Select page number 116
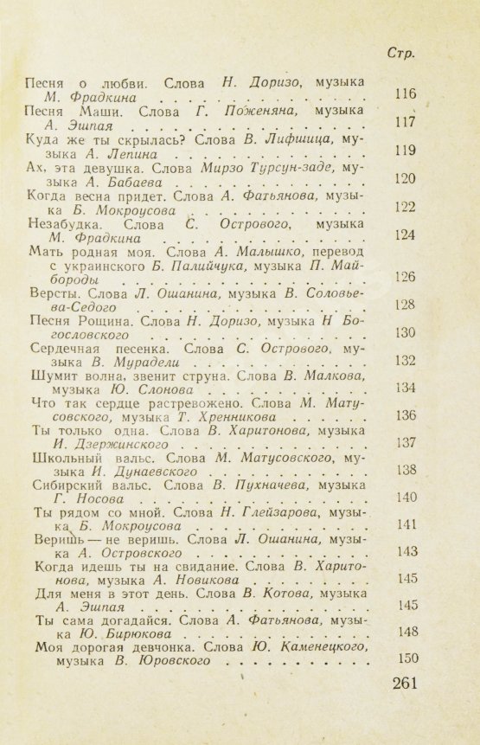point(405,94)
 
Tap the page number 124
point(405,235)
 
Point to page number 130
point(405,333)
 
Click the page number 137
point(405,442)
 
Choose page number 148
point(405,632)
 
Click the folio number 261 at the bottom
point(404,684)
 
